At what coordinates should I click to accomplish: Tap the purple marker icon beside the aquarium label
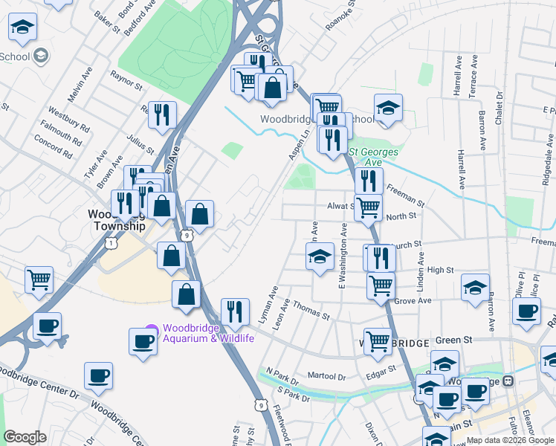click(x=152, y=329)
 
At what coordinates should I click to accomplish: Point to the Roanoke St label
click(x=341, y=16)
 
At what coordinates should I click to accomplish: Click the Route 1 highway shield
click(x=111, y=243)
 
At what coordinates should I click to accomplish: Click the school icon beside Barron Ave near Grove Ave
click(x=475, y=287)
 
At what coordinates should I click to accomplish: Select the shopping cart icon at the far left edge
click(x=39, y=279)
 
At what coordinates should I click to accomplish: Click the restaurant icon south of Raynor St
click(x=162, y=114)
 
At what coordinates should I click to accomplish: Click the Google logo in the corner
click(x=25, y=437)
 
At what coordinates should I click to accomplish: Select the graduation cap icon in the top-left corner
click(x=23, y=28)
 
